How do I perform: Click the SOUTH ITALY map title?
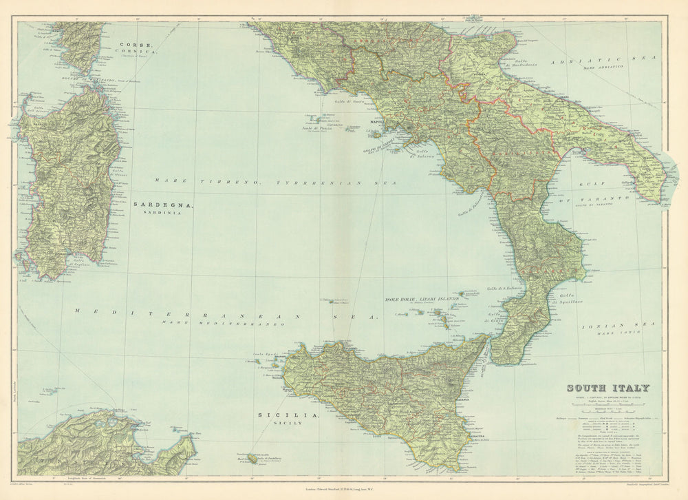tap(608, 388)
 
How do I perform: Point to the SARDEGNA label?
tap(164, 205)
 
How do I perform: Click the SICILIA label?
tap(297, 416)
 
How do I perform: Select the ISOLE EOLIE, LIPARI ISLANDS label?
tap(421, 300)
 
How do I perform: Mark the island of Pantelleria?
tap(254, 458)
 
